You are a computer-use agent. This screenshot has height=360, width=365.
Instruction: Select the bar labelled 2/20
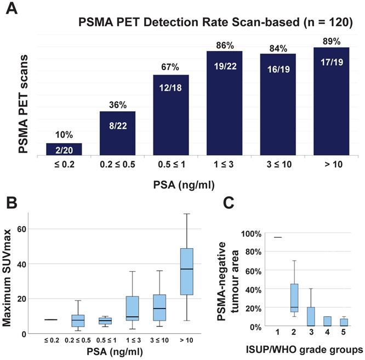(x=64, y=149)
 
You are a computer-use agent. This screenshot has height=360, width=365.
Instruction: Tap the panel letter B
(x=13, y=204)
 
